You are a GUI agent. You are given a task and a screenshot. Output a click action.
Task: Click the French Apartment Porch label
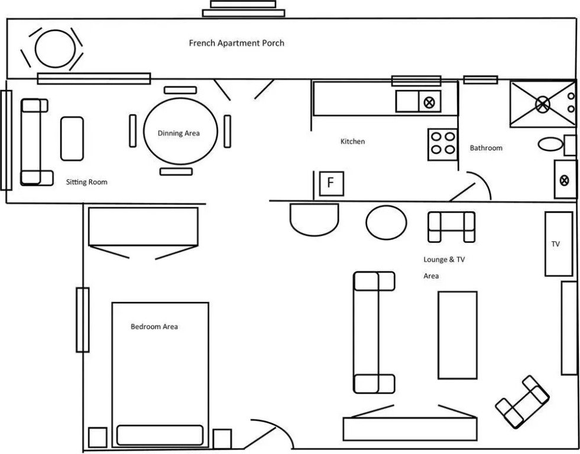[x=236, y=43]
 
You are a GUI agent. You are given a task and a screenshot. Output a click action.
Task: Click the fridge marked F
[x=330, y=183]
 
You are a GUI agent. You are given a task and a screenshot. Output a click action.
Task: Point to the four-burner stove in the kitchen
[x=443, y=144]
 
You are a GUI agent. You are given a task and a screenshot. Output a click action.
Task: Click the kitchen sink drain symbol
[x=429, y=102]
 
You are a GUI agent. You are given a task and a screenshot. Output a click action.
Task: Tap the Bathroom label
[x=486, y=148]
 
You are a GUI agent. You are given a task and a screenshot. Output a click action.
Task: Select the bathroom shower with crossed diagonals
[x=542, y=104]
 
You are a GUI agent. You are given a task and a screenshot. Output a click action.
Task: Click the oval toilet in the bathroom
[x=551, y=144]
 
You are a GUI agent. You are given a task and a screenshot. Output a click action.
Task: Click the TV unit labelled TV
[x=558, y=244]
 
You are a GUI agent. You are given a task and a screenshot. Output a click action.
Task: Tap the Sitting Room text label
[x=87, y=182]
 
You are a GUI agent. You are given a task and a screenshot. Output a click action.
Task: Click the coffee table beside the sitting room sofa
[x=72, y=138]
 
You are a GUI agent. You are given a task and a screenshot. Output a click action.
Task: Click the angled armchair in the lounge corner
[x=522, y=402]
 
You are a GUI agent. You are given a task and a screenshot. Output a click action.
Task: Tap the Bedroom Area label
[x=154, y=326]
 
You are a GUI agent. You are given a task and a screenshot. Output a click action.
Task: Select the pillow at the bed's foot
[x=160, y=434]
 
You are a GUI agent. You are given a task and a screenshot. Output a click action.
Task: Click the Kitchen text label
[x=352, y=141]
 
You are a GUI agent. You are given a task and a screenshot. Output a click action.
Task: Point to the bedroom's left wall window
[x=82, y=319]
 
